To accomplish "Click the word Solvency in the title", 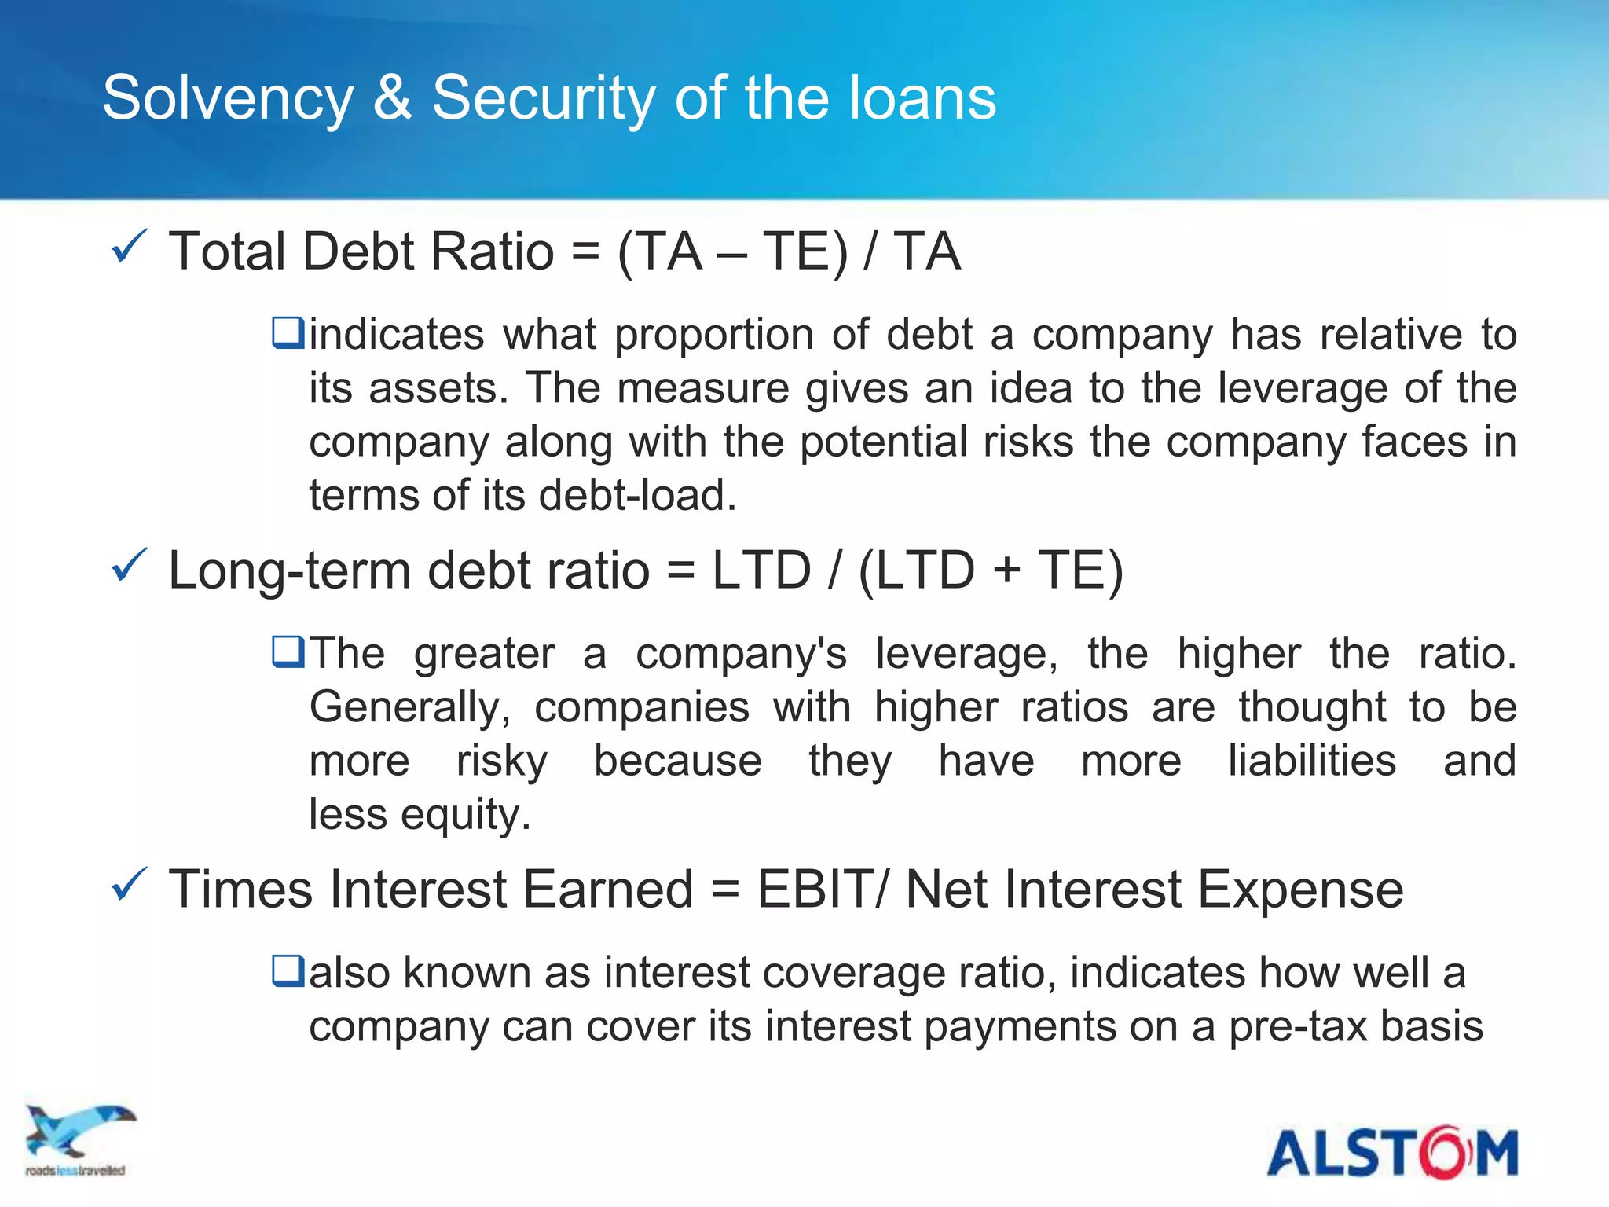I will pyautogui.click(x=228, y=98).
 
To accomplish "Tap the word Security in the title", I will pyautogui.click(x=543, y=98).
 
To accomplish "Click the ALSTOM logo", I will pyautogui.click(x=1392, y=1153).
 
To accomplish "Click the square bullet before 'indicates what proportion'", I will pyautogui.click(x=288, y=332).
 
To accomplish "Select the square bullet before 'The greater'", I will pyautogui.click(x=288, y=651).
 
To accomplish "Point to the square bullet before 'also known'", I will pyautogui.click(x=288, y=970).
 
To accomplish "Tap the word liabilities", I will pyautogui.click(x=1312, y=761).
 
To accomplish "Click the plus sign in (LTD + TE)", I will pyautogui.click(x=1006, y=570).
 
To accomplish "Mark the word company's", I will pyautogui.click(x=741, y=654).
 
